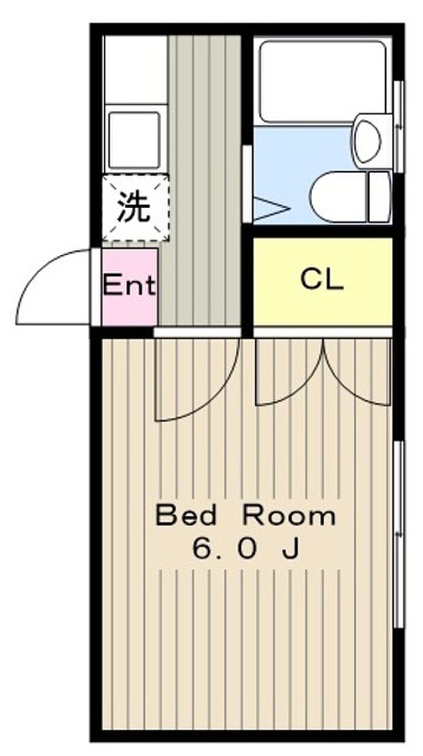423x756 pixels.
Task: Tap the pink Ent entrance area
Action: (130, 287)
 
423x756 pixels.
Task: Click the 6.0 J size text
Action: (246, 549)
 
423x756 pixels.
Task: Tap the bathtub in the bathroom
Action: (323, 82)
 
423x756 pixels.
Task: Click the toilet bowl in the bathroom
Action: (339, 197)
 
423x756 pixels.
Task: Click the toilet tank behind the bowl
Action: (379, 197)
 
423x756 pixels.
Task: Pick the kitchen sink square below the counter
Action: (134, 140)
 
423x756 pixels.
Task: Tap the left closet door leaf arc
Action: (304, 388)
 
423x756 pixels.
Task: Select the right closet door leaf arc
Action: (344, 388)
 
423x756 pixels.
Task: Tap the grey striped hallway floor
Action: (202, 179)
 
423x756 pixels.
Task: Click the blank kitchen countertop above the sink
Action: (135, 69)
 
